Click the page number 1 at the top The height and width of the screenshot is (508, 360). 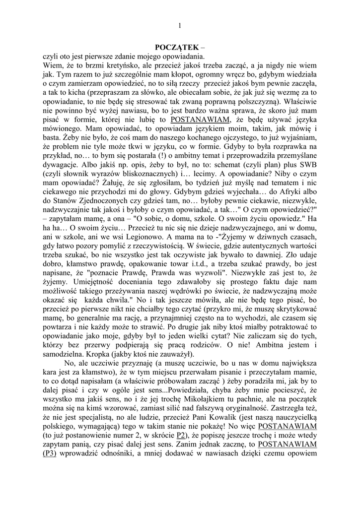(x=180, y=26)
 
